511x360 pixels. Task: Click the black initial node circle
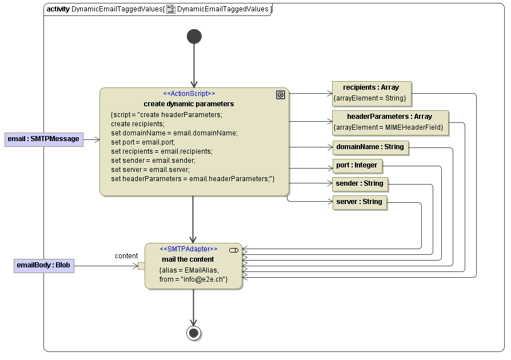[194, 37]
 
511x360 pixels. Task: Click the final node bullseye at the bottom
[194, 333]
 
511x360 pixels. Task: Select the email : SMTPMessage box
[43, 139]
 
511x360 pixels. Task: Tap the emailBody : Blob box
[43, 265]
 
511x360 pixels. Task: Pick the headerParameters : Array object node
[389, 122]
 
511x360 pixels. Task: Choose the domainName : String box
[370, 147]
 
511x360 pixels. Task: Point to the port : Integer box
[357, 165]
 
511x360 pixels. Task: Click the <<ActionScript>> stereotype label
[189, 94]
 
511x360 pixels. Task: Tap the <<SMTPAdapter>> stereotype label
[189, 249]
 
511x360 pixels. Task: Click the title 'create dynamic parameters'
[189, 104]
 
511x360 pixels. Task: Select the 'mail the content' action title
[188, 259]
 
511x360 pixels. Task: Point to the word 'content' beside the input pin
[126, 255]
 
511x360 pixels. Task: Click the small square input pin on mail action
[141, 266]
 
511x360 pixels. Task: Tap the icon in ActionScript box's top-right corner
[280, 95]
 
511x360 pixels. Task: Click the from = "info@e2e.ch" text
[193, 279]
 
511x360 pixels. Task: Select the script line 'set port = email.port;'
[142, 142]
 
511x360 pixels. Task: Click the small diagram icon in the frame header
[170, 9]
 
